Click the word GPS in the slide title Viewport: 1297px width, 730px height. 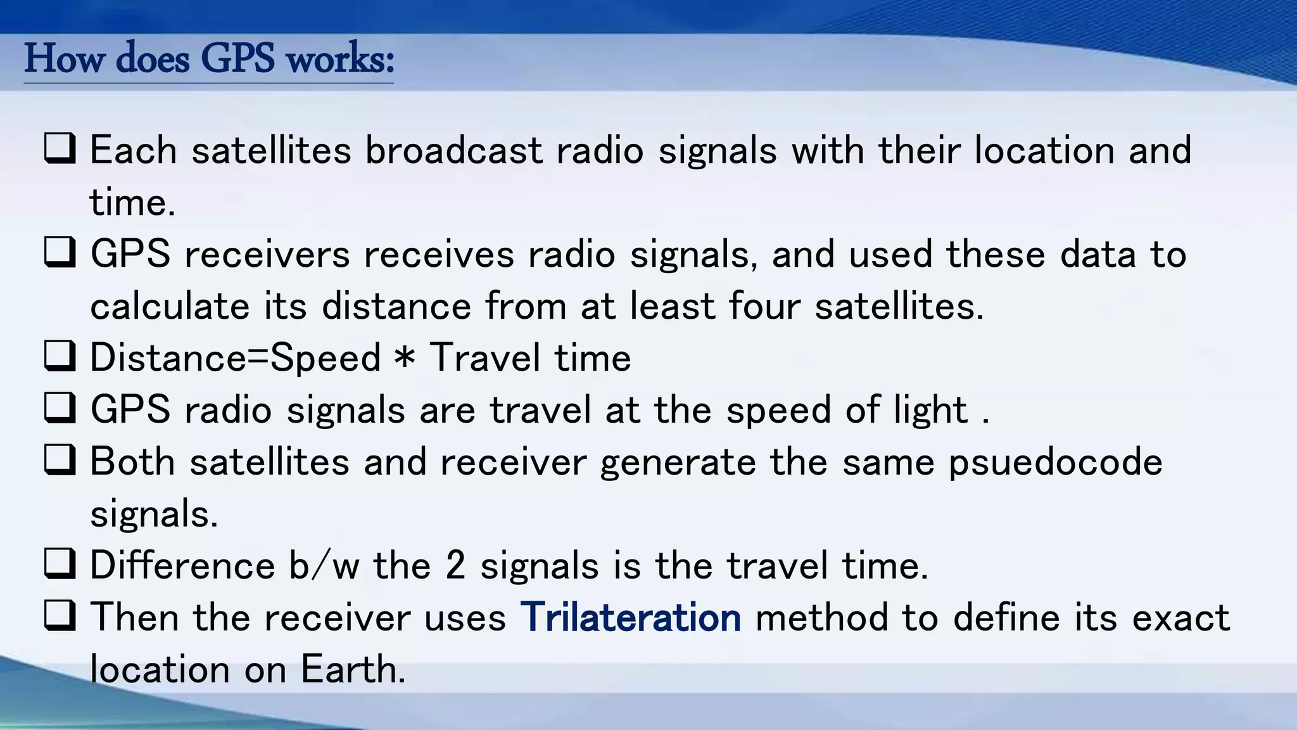click(237, 60)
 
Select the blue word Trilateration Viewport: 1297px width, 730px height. click(630, 617)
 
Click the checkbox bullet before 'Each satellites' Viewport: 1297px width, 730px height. click(60, 149)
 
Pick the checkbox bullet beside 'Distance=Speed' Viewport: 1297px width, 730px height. click(60, 356)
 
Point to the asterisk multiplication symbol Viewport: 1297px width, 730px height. click(404, 359)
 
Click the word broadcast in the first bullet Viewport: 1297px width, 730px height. click(453, 151)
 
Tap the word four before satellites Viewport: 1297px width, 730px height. click(764, 307)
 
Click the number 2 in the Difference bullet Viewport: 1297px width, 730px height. click(455, 565)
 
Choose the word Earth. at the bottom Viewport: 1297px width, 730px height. click(353, 669)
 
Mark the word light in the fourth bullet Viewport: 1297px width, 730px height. click(930, 411)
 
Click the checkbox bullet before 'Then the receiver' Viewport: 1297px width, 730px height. click(60, 616)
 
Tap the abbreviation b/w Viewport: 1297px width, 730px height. click(324, 565)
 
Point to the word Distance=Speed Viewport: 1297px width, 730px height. click(235, 359)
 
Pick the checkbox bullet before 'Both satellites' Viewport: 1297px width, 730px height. click(60, 460)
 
